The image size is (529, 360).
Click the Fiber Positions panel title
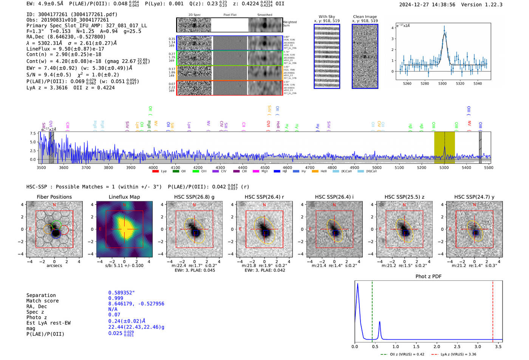(x=54, y=197)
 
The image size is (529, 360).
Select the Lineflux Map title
(x=124, y=197)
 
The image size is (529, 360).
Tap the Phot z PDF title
(x=428, y=277)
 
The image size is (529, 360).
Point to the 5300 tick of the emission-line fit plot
(x=442, y=83)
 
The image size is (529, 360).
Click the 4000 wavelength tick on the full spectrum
(x=153, y=167)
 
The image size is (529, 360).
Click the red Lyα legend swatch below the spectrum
(x=155, y=172)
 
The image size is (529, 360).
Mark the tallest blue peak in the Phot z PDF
(x=357, y=284)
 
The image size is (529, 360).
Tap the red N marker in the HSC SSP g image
(x=194, y=205)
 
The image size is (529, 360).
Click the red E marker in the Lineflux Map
(x=100, y=229)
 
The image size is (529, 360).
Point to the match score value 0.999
(x=116, y=298)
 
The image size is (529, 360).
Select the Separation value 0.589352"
(x=121, y=293)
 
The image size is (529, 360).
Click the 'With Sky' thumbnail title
(x=326, y=17)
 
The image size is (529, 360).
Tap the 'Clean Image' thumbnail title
(x=365, y=17)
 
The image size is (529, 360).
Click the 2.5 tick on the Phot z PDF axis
(x=457, y=346)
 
